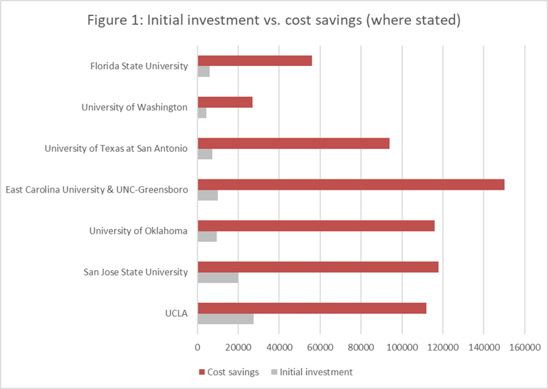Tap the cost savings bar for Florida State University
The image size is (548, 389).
[x=254, y=60]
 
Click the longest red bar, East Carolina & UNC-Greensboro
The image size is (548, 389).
[x=351, y=184]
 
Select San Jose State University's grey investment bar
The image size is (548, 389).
[x=217, y=278]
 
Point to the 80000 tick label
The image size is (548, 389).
[x=361, y=348]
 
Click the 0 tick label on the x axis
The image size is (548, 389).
[x=198, y=348]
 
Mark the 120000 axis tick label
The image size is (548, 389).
[x=442, y=348]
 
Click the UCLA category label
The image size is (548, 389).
[x=176, y=313]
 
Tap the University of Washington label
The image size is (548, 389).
[x=134, y=107]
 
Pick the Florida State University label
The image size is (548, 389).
[x=139, y=66]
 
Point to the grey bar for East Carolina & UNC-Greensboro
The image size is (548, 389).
[x=208, y=195]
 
